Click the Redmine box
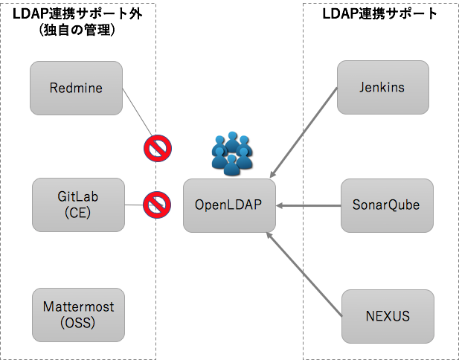point(76,89)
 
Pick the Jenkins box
point(382,88)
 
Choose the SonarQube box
point(385,205)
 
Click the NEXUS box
point(387,317)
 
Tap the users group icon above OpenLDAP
point(233,154)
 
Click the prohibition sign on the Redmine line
point(158,148)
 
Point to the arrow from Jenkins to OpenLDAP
point(304,131)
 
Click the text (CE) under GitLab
point(78,212)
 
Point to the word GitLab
point(78,197)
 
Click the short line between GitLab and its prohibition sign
point(134,205)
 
